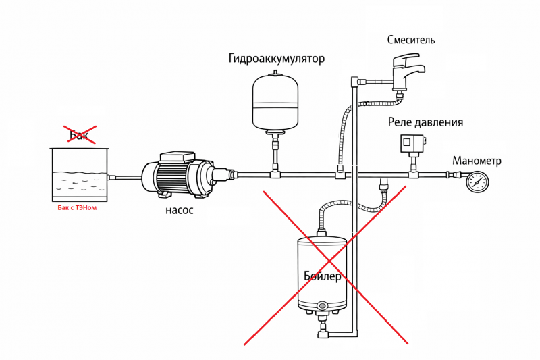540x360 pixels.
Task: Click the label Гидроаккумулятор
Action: pyautogui.click(x=277, y=59)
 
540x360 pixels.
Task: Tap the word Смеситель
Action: pyautogui.click(x=411, y=40)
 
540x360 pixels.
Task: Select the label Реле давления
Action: pyautogui.click(x=425, y=122)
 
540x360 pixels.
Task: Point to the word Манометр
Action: pyautogui.click(x=477, y=161)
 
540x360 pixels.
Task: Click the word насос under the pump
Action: pyautogui.click(x=179, y=210)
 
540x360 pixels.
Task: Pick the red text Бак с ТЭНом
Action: pyautogui.click(x=77, y=208)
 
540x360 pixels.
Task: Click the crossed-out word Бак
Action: pyautogui.click(x=79, y=134)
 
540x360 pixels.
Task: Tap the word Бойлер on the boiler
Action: pyautogui.click(x=323, y=276)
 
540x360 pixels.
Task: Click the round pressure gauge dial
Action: pyautogui.click(x=477, y=182)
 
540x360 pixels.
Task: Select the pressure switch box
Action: pyautogui.click(x=412, y=143)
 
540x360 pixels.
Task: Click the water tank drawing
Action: pyautogui.click(x=80, y=175)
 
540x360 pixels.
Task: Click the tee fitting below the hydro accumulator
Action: pyautogui.click(x=275, y=174)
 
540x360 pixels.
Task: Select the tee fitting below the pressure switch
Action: pyautogui.click(x=413, y=174)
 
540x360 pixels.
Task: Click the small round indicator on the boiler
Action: pyautogui.click(x=323, y=305)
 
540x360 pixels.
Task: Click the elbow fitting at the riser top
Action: pyautogui.click(x=355, y=82)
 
